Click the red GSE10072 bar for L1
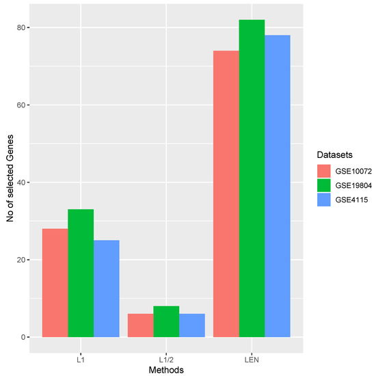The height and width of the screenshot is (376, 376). pos(55,283)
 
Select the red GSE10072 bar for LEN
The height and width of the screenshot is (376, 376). pos(226,194)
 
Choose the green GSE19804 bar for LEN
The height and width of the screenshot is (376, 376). pos(252,178)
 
